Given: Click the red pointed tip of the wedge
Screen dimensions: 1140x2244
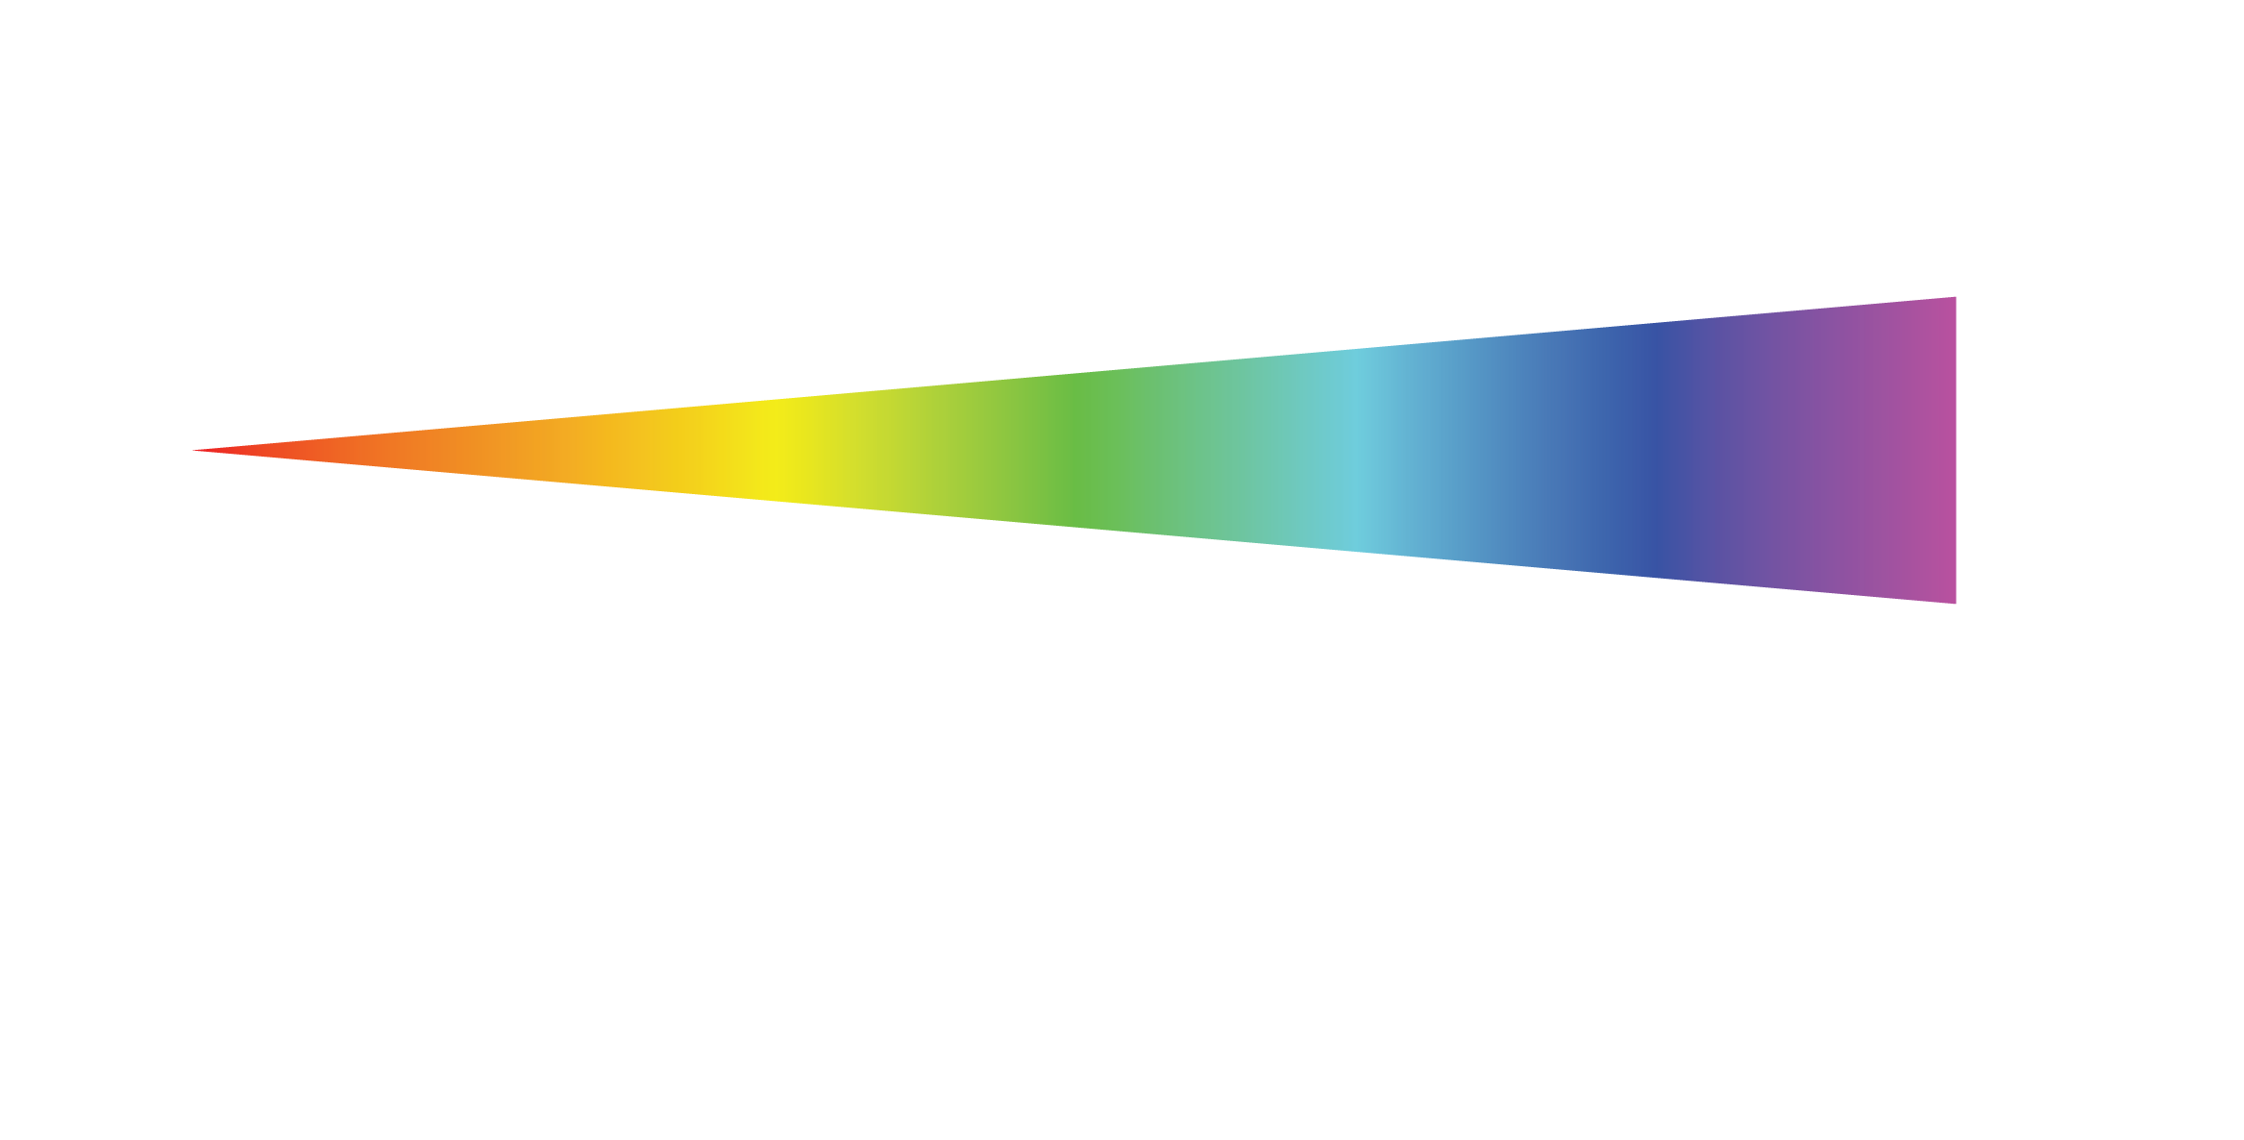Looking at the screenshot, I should coord(198,450).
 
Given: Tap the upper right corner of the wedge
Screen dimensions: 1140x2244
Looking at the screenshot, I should coord(1954,299).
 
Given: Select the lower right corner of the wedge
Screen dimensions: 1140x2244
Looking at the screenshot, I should coord(1954,602).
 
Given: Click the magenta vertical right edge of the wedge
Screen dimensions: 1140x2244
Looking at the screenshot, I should coord(1954,450).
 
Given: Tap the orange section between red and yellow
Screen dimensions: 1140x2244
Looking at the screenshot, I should coord(481,450).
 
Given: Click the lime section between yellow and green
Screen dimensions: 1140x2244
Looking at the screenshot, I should coord(923,450).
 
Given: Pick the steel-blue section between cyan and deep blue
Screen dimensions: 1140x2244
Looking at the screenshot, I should coord(1509,450).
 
